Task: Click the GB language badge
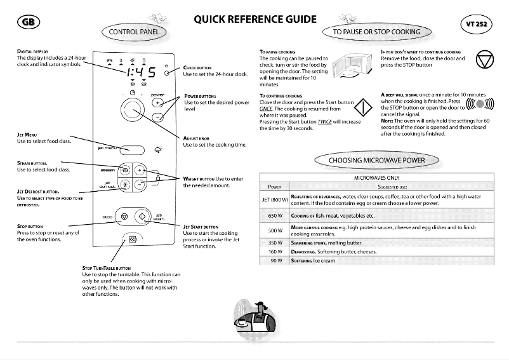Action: pos(28,22)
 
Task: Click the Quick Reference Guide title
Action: pos(255,19)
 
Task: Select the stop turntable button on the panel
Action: pos(132,240)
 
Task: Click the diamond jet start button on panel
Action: pos(142,217)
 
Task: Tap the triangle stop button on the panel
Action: pos(124,217)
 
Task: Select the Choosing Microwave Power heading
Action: pos(376,160)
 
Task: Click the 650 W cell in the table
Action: pos(275,216)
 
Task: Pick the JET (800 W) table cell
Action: pos(275,200)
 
